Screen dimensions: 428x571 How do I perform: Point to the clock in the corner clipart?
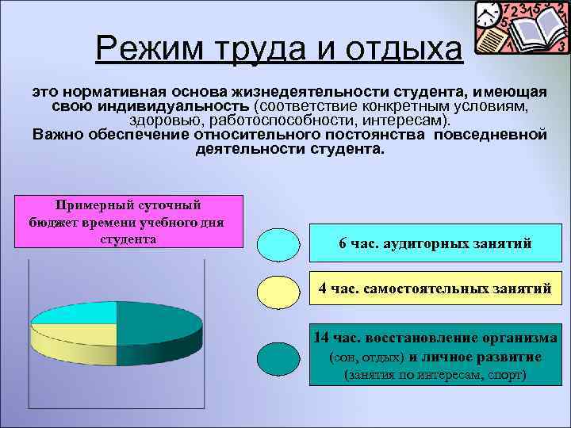coord(489,15)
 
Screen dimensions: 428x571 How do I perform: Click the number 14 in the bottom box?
coord(322,338)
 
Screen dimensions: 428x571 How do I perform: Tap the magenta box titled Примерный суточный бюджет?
coord(128,221)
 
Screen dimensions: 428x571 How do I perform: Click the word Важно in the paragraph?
coord(58,134)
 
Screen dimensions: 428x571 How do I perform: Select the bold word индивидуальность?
coord(174,105)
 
